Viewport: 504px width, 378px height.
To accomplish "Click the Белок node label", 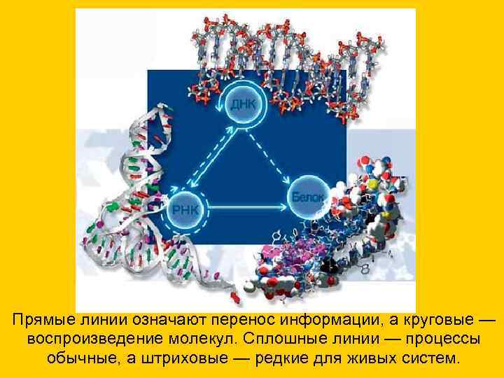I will [x=307, y=198].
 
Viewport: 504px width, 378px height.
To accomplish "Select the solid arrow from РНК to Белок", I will [x=245, y=207].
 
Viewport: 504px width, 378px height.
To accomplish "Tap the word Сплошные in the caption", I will [x=295, y=339].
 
